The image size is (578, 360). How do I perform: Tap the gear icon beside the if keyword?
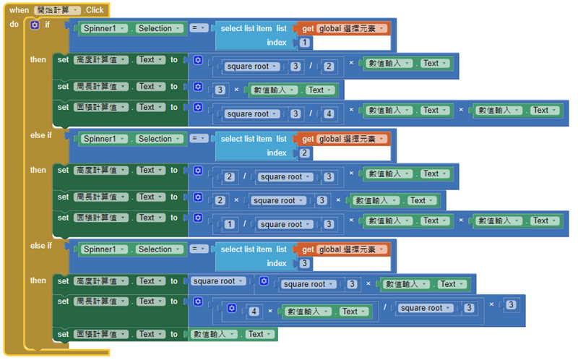tap(35, 25)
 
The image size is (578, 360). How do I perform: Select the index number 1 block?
tap(305, 43)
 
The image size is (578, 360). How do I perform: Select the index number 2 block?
tap(305, 153)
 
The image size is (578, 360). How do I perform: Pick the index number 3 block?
tap(305, 264)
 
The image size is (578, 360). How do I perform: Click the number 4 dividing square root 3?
tap(329, 114)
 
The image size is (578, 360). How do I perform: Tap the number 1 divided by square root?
tap(229, 225)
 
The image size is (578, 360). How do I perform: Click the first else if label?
tap(40, 135)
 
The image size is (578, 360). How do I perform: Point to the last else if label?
tap(40, 246)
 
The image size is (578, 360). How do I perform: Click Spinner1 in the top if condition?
tap(103, 28)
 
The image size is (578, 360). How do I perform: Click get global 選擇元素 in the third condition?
tap(344, 249)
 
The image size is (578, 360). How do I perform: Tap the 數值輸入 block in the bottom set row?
tap(217, 335)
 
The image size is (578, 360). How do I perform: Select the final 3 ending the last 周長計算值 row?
tap(511, 305)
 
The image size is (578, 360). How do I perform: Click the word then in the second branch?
tap(38, 171)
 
